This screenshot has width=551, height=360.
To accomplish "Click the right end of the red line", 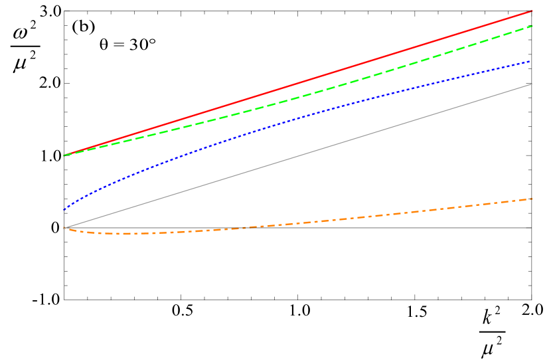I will [532, 11].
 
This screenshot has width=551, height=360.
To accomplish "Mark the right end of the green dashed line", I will [532, 26].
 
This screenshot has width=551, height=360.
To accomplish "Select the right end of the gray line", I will [532, 84].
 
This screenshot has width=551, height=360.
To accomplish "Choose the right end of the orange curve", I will [532, 199].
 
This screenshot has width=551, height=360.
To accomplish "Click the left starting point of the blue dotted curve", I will [64, 210].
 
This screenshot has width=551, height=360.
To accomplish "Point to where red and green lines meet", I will [64, 155].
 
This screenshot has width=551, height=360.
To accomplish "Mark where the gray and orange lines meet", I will [64, 228].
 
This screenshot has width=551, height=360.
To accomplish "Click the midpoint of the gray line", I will [298, 156].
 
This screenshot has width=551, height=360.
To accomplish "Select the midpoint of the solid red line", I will [298, 82].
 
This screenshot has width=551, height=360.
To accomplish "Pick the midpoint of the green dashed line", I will [298, 92].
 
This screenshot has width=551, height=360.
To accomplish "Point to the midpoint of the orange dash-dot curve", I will [298, 223].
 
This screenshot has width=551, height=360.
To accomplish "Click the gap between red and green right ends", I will [532, 19].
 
